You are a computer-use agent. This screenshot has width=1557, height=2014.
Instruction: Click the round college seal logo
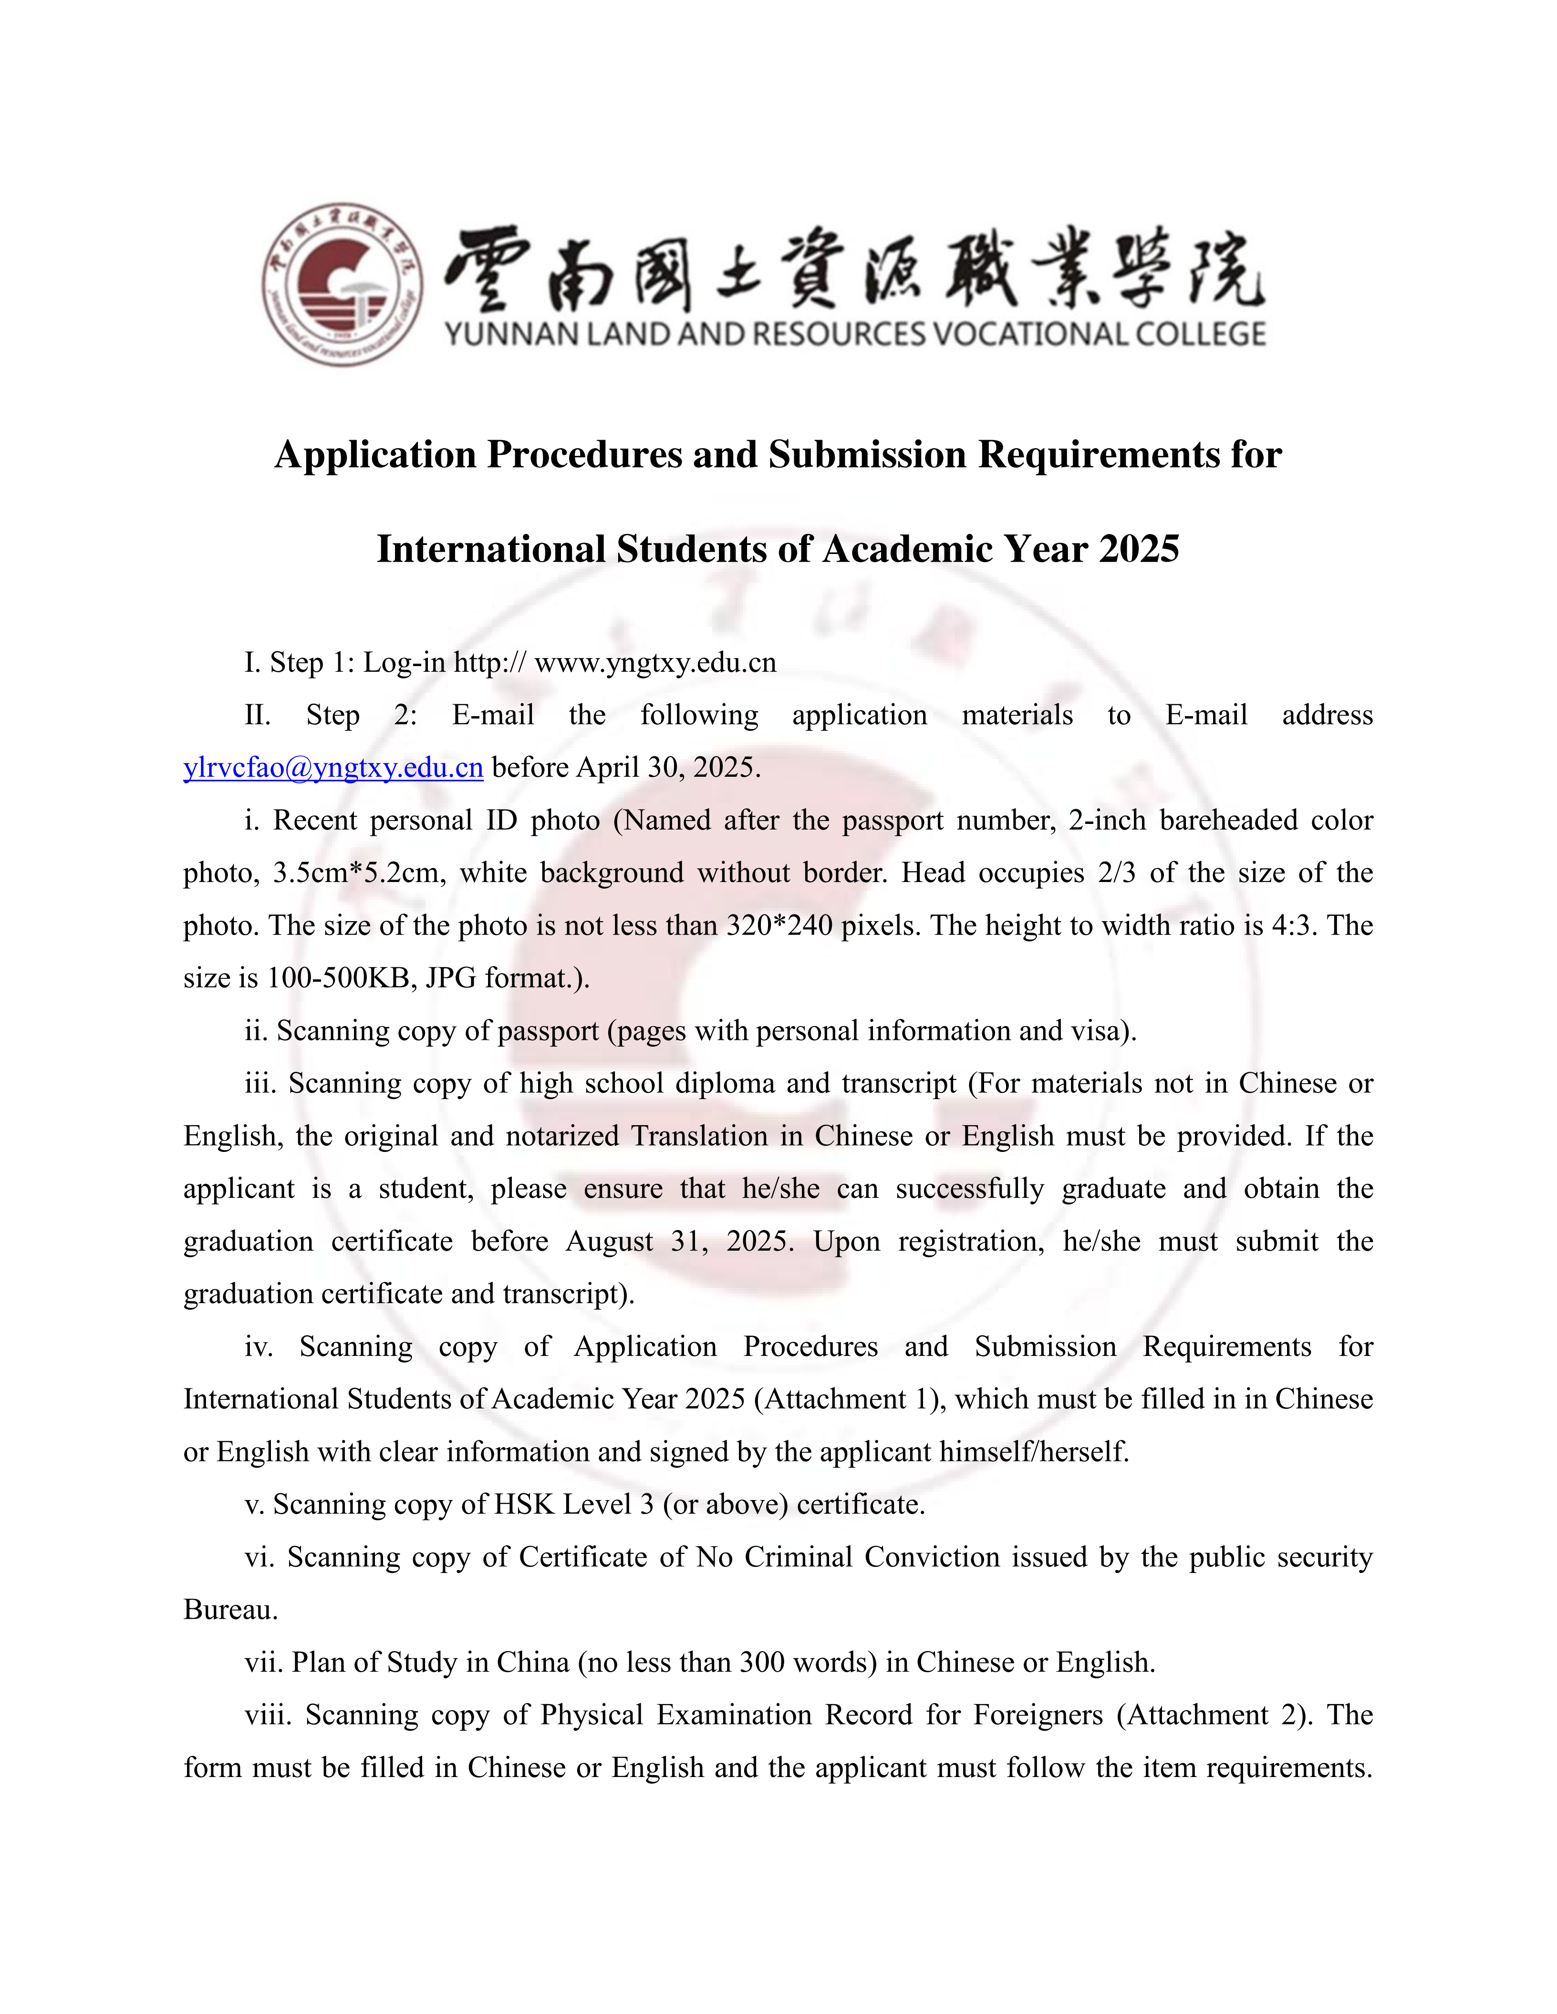(342, 284)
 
